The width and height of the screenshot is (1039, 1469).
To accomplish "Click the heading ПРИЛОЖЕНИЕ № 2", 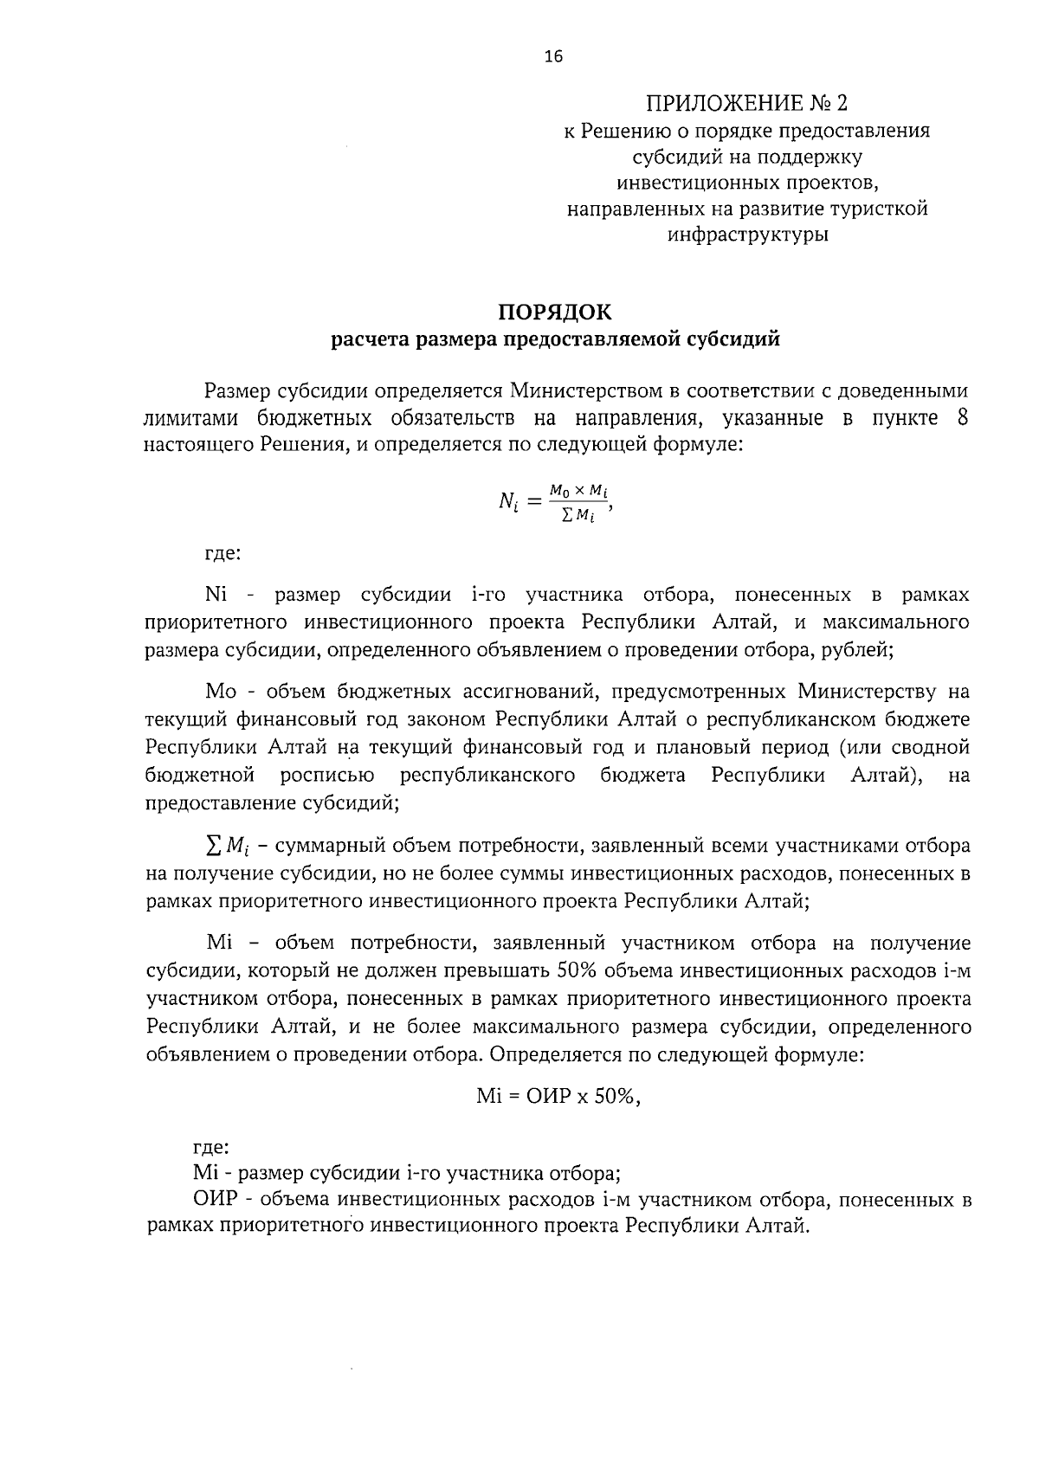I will pyautogui.click(x=746, y=104).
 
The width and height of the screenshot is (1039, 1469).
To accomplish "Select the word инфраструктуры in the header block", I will pyautogui.click(x=747, y=235).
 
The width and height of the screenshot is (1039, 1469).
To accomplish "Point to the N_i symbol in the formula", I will pyautogui.click(x=508, y=501).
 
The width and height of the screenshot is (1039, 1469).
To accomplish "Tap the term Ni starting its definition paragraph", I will pyautogui.click(x=216, y=596).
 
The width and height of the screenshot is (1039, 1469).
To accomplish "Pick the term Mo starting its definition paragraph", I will pyautogui.click(x=221, y=691).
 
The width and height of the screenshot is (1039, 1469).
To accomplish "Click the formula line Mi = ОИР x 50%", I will pyautogui.click(x=558, y=1096).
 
